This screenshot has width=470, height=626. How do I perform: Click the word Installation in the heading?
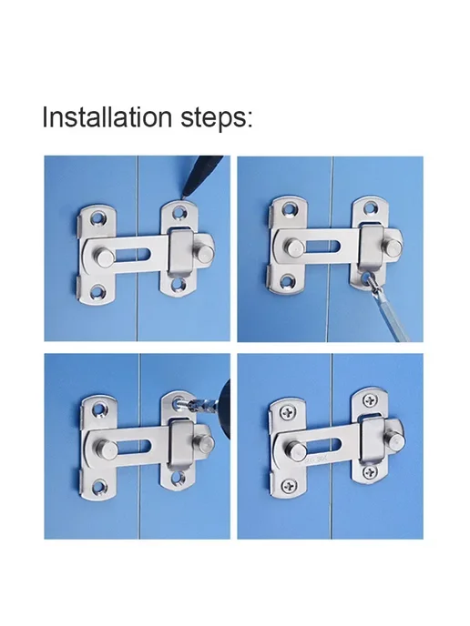[x=107, y=116]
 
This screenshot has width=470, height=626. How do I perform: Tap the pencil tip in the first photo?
[x=183, y=196]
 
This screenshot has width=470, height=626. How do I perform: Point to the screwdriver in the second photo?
[x=386, y=308]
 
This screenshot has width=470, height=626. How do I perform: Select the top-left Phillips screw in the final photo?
[x=287, y=412]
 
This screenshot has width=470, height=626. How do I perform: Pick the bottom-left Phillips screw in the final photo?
[x=289, y=486]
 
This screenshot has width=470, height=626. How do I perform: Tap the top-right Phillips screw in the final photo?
[x=370, y=400]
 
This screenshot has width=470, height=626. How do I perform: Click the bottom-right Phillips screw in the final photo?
[x=371, y=473]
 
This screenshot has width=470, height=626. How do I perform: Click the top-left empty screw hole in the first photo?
[x=97, y=217]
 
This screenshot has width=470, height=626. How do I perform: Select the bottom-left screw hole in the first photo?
[x=97, y=292]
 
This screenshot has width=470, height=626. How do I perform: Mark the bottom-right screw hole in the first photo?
[x=179, y=284]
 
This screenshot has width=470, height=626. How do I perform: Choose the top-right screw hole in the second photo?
[x=370, y=207]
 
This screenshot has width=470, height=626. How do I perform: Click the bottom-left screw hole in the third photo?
[x=98, y=487]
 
